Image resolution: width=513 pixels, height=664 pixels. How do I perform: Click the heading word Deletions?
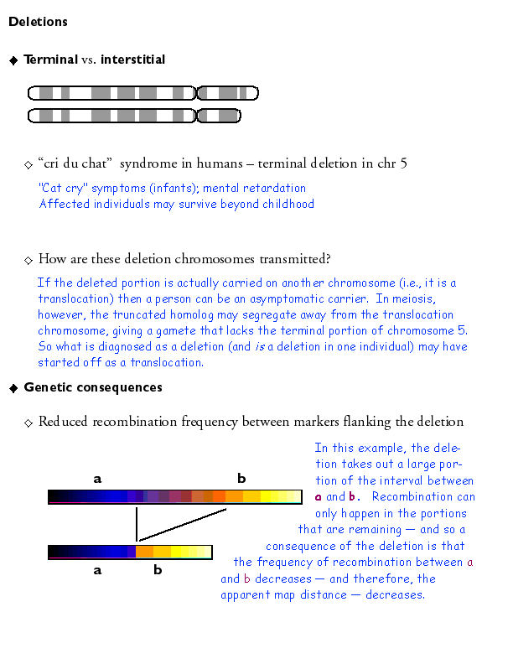38,22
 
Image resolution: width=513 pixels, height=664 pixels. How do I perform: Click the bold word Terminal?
50,60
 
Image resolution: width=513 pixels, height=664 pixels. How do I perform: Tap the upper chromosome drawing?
143,92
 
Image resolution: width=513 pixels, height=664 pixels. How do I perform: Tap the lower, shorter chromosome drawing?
134,115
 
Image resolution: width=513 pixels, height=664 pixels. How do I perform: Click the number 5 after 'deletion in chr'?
403,163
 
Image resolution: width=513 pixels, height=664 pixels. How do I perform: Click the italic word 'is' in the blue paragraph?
258,347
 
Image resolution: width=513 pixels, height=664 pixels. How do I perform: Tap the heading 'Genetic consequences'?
93,387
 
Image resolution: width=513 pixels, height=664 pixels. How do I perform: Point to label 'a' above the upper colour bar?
97,479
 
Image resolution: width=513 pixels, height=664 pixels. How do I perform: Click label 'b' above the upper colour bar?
241,479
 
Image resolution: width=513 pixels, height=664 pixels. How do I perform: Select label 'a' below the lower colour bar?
97,570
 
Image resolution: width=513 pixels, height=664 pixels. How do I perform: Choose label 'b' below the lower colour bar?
158,570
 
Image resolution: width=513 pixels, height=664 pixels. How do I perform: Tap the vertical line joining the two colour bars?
137,524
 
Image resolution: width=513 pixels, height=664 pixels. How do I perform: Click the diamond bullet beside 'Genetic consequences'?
13,387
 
